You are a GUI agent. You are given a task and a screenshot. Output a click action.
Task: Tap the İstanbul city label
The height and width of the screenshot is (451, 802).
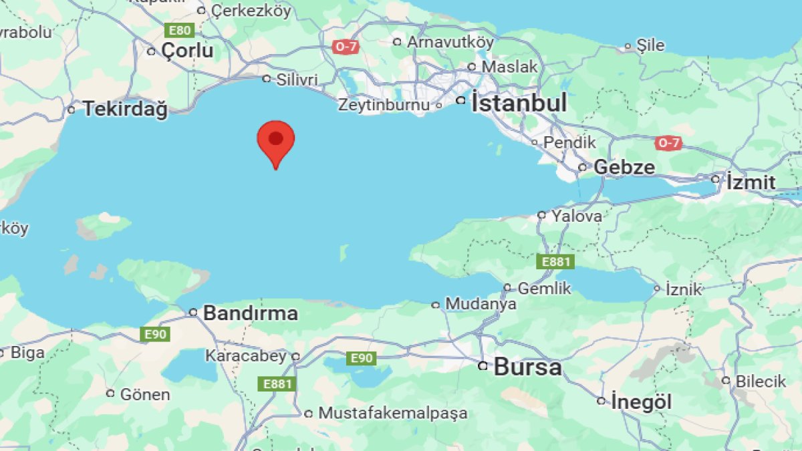tap(519, 103)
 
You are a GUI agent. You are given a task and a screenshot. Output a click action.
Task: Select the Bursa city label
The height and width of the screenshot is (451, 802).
tap(527, 367)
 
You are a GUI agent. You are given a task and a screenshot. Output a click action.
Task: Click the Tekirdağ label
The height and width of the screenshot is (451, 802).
tap(125, 109)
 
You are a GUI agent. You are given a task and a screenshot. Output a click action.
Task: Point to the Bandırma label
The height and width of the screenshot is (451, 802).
tap(250, 313)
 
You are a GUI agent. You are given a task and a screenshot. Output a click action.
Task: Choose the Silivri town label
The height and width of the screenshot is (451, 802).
tap(297, 80)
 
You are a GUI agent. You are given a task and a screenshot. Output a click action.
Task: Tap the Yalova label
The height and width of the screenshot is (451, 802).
tap(576, 216)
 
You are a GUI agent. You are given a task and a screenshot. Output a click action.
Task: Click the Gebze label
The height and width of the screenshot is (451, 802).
tap(624, 167)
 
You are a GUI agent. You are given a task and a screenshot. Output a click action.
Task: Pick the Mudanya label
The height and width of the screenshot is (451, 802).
tap(481, 305)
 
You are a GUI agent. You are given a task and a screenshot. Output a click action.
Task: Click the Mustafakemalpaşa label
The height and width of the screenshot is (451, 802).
tap(392, 414)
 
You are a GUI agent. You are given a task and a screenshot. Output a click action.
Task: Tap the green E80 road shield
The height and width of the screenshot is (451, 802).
tap(180, 30)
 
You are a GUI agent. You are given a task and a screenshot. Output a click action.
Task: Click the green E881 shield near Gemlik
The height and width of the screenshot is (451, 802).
tap(555, 262)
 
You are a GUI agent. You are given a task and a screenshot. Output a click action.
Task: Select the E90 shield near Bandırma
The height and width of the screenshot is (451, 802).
tap(155, 334)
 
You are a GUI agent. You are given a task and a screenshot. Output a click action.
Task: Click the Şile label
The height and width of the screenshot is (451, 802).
tap(650, 45)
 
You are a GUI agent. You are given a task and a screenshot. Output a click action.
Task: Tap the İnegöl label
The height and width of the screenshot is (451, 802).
tap(642, 402)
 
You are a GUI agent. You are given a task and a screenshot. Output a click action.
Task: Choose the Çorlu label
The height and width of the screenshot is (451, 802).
tap(187, 51)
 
